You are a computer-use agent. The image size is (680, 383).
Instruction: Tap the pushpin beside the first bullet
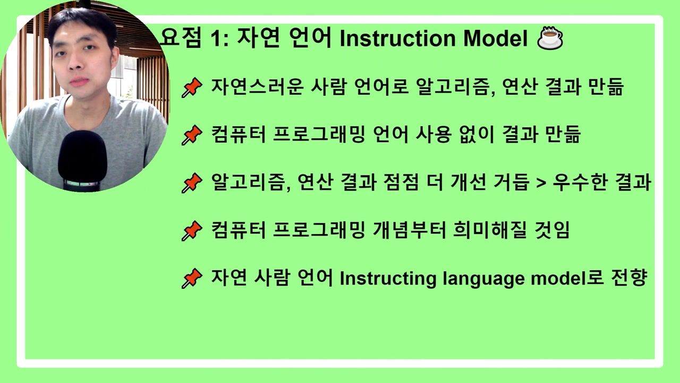click(x=192, y=88)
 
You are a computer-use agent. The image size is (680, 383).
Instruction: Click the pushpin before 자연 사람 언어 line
click(x=192, y=278)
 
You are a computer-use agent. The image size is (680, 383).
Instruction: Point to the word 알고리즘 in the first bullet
click(x=456, y=87)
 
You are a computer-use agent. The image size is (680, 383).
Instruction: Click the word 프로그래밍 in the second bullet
click(x=319, y=135)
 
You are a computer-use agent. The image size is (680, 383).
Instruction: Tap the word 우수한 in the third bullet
click(x=581, y=182)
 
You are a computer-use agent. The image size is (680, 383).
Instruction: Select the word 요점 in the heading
click(x=181, y=38)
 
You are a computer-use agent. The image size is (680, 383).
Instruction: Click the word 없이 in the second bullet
click(x=477, y=135)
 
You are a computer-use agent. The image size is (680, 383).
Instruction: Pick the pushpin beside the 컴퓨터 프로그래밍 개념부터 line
click(x=192, y=231)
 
